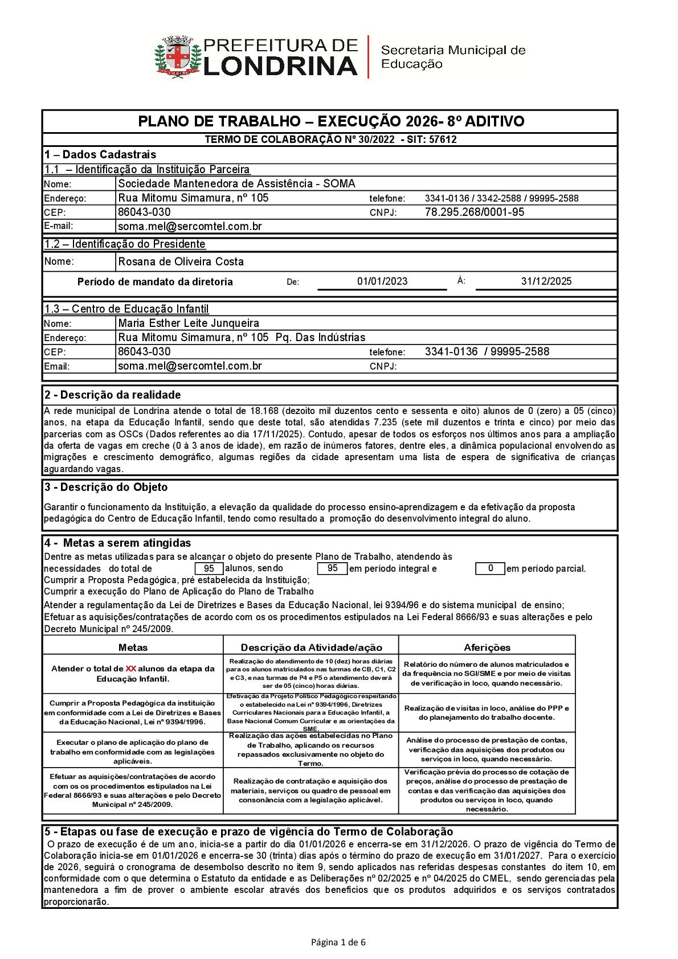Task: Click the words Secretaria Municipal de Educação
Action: pyautogui.click(x=452, y=57)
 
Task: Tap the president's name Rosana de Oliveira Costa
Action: pyautogui.click(x=181, y=262)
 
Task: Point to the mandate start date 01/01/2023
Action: pyautogui.click(x=382, y=281)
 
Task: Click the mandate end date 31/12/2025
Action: pyautogui.click(x=546, y=281)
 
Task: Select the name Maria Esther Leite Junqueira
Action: pyautogui.click(x=189, y=323)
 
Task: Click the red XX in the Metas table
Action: pyautogui.click(x=130, y=669)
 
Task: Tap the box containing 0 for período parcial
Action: pyautogui.click(x=490, y=568)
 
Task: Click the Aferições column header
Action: pyautogui.click(x=487, y=647)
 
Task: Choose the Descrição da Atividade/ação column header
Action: pyautogui.click(x=311, y=647)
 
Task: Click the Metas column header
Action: pyautogui.click(x=133, y=647)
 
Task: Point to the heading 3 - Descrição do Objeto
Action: pyautogui.click(x=106, y=487)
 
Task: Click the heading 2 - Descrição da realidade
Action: pyautogui.click(x=112, y=395)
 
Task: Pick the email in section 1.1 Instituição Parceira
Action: pyautogui.click(x=190, y=227)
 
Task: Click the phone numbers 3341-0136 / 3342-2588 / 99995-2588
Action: pyautogui.click(x=501, y=199)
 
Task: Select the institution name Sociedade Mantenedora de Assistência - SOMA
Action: pyautogui.click(x=236, y=183)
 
